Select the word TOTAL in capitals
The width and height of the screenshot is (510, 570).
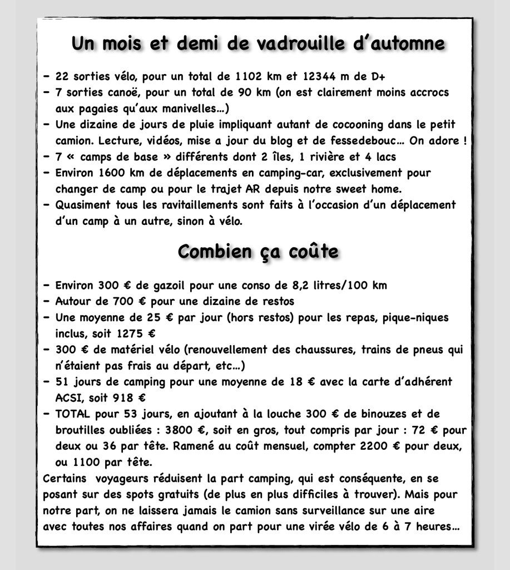[73, 414]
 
